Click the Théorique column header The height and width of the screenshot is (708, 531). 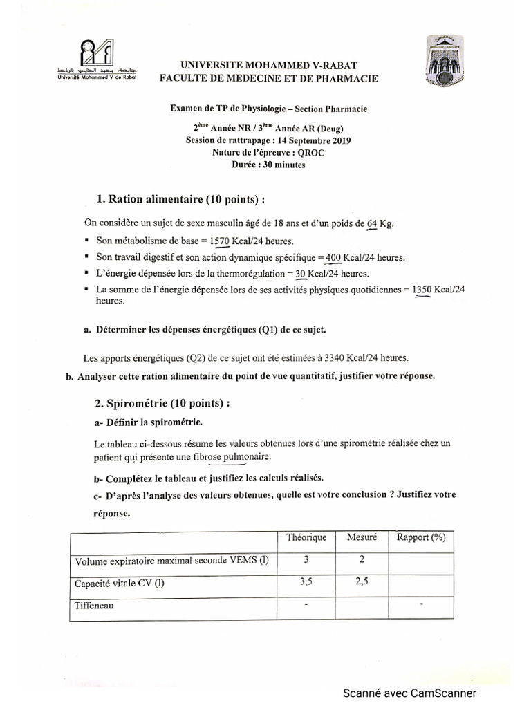(x=305, y=537)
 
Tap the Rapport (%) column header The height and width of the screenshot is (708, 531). (x=421, y=537)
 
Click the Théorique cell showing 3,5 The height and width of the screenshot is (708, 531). (x=306, y=583)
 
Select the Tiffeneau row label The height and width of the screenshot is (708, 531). (x=94, y=606)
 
